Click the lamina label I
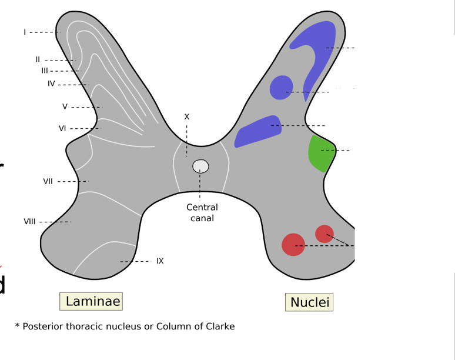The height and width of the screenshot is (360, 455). click(25, 32)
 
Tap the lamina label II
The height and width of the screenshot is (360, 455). click(38, 60)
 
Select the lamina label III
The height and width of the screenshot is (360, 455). click(45, 71)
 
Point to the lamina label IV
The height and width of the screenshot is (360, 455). click(51, 84)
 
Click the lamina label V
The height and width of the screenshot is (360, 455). click(65, 107)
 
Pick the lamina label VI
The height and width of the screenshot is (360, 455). click(62, 128)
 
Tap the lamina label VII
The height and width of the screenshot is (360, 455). click(48, 181)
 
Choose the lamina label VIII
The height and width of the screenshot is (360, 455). click(30, 222)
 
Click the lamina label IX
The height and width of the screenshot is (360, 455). click(160, 261)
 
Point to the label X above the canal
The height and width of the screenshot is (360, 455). click(187, 117)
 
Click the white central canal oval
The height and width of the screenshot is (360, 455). click(200, 166)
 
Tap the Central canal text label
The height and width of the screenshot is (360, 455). click(202, 213)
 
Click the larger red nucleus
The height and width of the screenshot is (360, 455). click(293, 245)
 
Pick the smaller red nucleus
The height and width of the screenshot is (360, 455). click(324, 234)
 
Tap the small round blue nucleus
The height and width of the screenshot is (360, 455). click(281, 88)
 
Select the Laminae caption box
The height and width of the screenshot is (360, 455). click(91, 302)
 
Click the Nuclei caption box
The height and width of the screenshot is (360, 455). click(309, 302)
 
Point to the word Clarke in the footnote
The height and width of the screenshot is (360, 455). click(218, 326)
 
